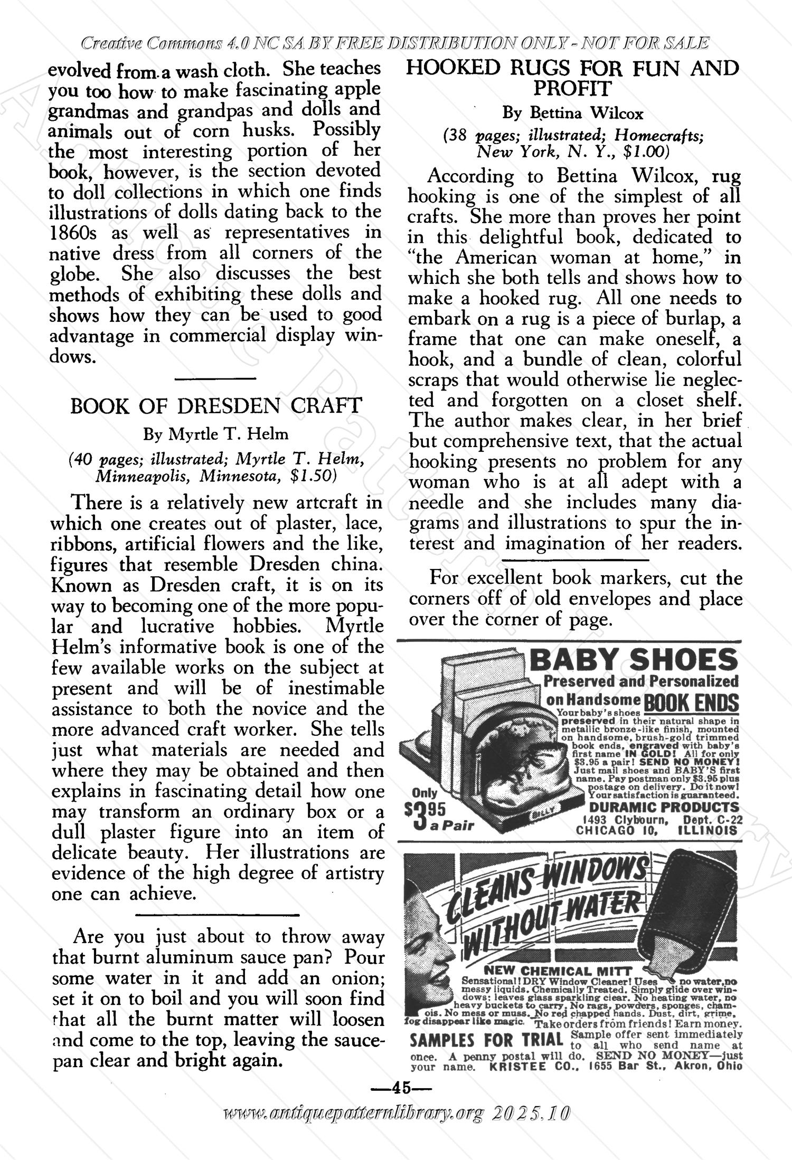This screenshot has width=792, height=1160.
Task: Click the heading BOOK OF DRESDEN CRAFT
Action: (x=216, y=406)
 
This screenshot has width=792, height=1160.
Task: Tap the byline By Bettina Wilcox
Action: (x=573, y=113)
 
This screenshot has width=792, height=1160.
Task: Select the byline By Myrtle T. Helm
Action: (x=216, y=434)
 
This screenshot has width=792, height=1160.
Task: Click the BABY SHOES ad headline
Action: (x=634, y=660)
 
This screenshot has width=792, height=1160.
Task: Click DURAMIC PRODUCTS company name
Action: (x=663, y=807)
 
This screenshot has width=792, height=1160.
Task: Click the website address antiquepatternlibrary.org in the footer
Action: (x=354, y=1111)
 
